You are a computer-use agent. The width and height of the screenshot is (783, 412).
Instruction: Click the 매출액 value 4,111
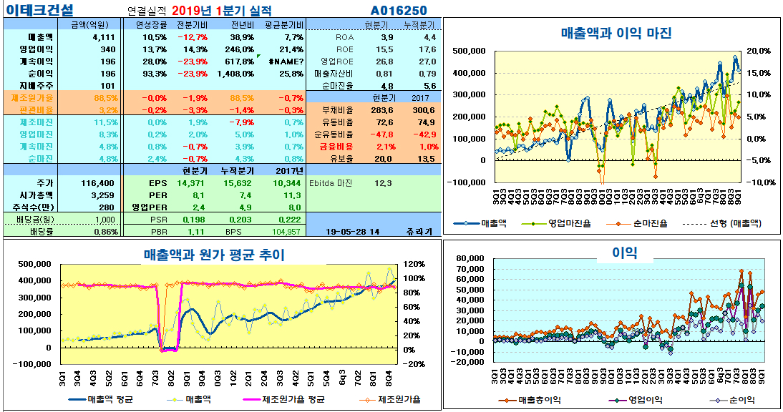pyautogui.click(x=104, y=37)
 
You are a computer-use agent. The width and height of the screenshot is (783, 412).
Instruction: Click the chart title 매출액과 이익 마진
pyautogui.click(x=616, y=33)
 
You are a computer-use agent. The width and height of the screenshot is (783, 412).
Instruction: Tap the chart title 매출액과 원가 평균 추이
pyautogui.click(x=214, y=254)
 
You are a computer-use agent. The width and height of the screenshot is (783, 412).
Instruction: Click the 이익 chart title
pyautogui.click(x=624, y=252)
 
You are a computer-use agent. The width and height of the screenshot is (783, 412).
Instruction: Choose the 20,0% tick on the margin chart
pyautogui.click(x=758, y=51)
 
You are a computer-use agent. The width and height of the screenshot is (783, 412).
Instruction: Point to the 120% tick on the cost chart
pyautogui.click(x=414, y=264)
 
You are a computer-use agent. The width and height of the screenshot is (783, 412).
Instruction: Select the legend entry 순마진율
pyautogui.click(x=650, y=223)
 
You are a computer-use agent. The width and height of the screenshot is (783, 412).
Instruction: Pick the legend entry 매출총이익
pyautogui.click(x=541, y=400)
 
